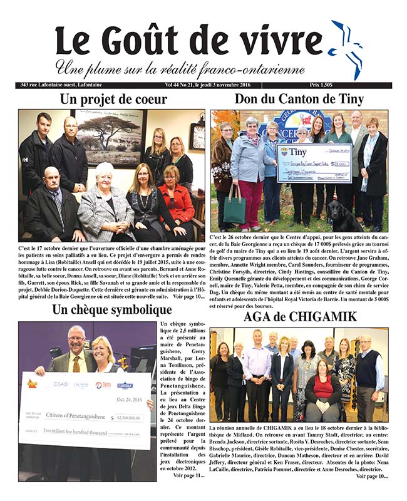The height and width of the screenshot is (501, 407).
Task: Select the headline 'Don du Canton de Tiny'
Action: click(299, 99)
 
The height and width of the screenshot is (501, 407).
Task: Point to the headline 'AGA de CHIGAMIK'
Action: click(299, 317)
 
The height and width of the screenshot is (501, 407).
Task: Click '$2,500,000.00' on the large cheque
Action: click(125, 418)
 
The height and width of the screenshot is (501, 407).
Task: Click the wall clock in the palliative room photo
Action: click(197, 136)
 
